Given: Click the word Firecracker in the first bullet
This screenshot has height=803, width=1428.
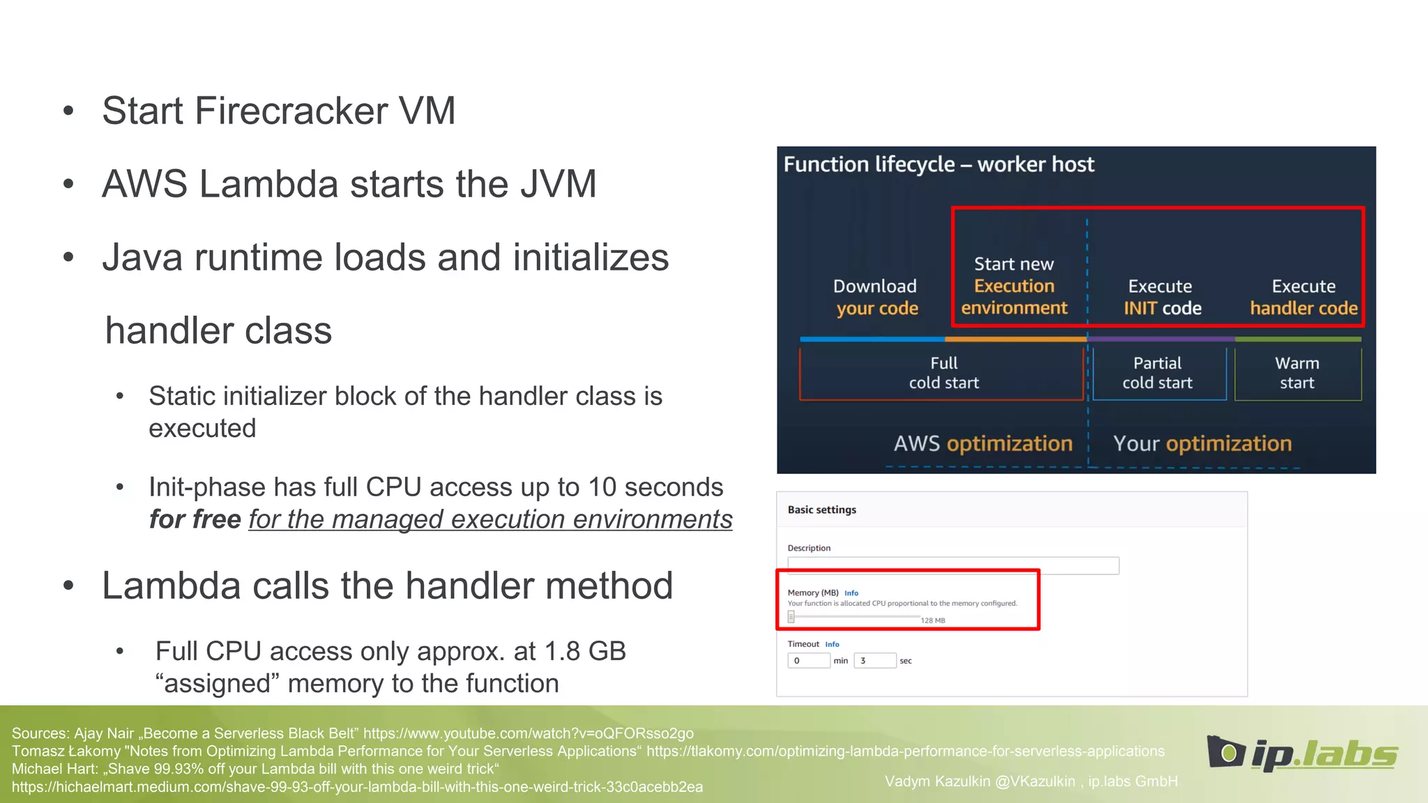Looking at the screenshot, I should point(291,112).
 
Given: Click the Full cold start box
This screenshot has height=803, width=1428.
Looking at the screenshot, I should point(943,374).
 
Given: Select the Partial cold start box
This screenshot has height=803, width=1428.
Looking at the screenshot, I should point(1157,374).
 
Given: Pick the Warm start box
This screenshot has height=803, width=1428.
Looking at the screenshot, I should point(1297,374).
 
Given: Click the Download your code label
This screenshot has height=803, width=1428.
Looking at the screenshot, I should point(876,297).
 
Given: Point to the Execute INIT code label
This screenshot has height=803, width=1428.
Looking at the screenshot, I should point(1162,297).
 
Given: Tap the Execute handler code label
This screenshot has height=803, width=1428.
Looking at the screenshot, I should point(1303,297).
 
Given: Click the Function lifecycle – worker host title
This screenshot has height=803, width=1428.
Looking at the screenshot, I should point(939,165).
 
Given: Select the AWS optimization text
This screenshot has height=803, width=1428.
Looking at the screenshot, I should point(983,444).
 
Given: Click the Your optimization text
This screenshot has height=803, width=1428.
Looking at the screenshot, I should point(1202,444).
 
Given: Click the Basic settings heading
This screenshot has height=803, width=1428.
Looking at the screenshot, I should point(821,510).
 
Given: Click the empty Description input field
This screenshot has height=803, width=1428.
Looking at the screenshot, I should point(952,565).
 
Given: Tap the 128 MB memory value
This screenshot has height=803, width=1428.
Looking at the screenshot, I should point(932,620).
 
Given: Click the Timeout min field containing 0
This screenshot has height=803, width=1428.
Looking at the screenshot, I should point(809,661).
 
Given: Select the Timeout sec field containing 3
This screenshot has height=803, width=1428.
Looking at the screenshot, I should point(874,661).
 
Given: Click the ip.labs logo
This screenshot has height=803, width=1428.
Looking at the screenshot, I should point(1302,754).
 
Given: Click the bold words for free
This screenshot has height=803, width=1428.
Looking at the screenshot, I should point(195,520).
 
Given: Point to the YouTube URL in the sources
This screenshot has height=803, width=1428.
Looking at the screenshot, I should point(528,733).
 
